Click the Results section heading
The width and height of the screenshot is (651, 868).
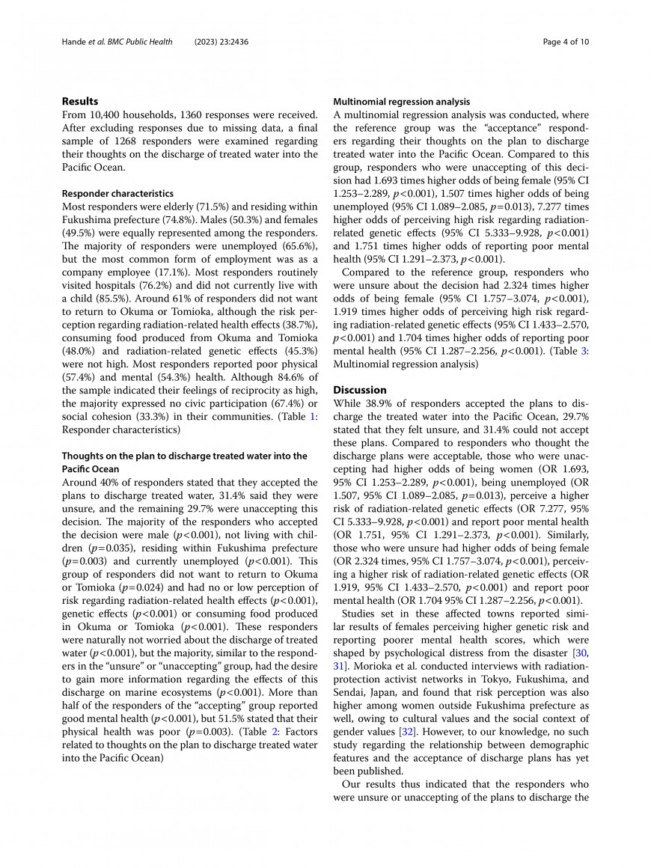tap(80, 101)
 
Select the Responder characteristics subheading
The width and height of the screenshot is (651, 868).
tap(117, 193)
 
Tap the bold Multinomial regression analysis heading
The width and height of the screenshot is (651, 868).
tap(401, 101)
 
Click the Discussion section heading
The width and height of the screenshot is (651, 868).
tap(360, 390)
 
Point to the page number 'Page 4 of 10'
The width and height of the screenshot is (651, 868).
tap(566, 42)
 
